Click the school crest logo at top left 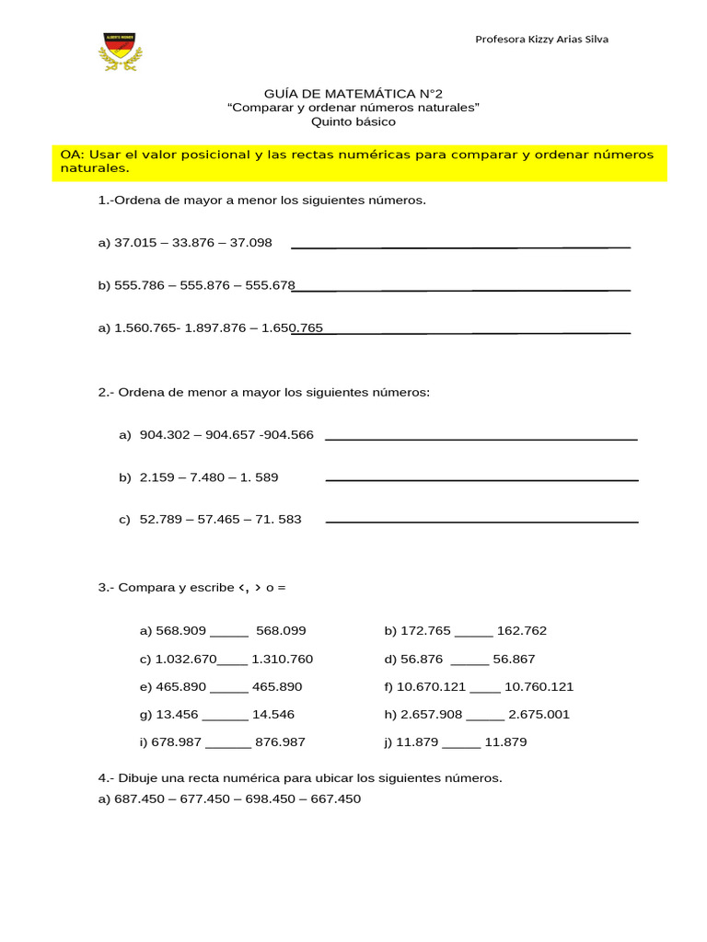click(x=121, y=52)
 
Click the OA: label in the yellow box click(x=72, y=155)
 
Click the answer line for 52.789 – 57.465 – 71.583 click(x=481, y=522)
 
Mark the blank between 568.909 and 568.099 click(x=229, y=634)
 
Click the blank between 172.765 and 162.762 click(x=473, y=634)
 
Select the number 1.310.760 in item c click(x=283, y=659)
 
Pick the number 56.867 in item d click(x=514, y=659)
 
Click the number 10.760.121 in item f click(x=539, y=686)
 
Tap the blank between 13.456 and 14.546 click(x=225, y=718)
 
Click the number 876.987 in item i click(x=280, y=741)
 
